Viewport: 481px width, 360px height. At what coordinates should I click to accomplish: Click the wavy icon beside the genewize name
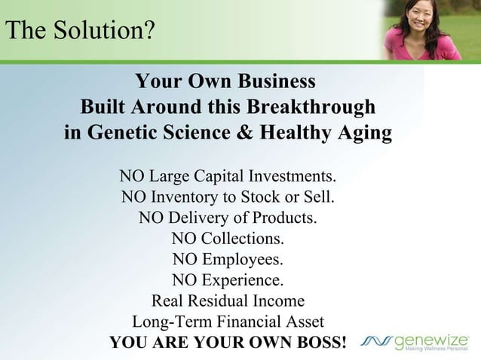376,341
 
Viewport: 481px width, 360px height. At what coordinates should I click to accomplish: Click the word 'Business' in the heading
268,81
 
